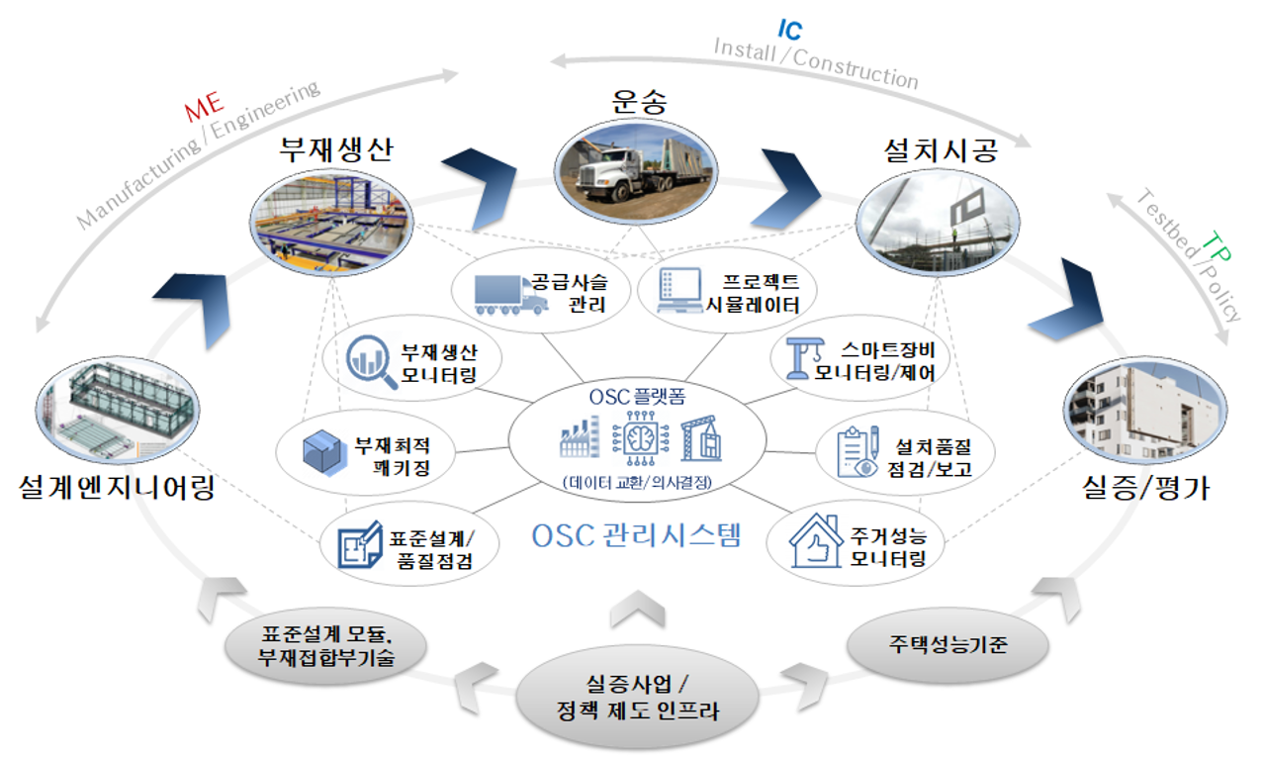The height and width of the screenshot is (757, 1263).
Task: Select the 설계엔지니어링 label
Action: coord(116,486)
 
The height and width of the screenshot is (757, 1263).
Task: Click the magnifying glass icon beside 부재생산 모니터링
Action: coord(371,363)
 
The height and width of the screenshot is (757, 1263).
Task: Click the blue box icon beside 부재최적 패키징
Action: coord(324,450)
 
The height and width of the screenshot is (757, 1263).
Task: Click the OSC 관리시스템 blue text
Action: coord(635,535)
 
